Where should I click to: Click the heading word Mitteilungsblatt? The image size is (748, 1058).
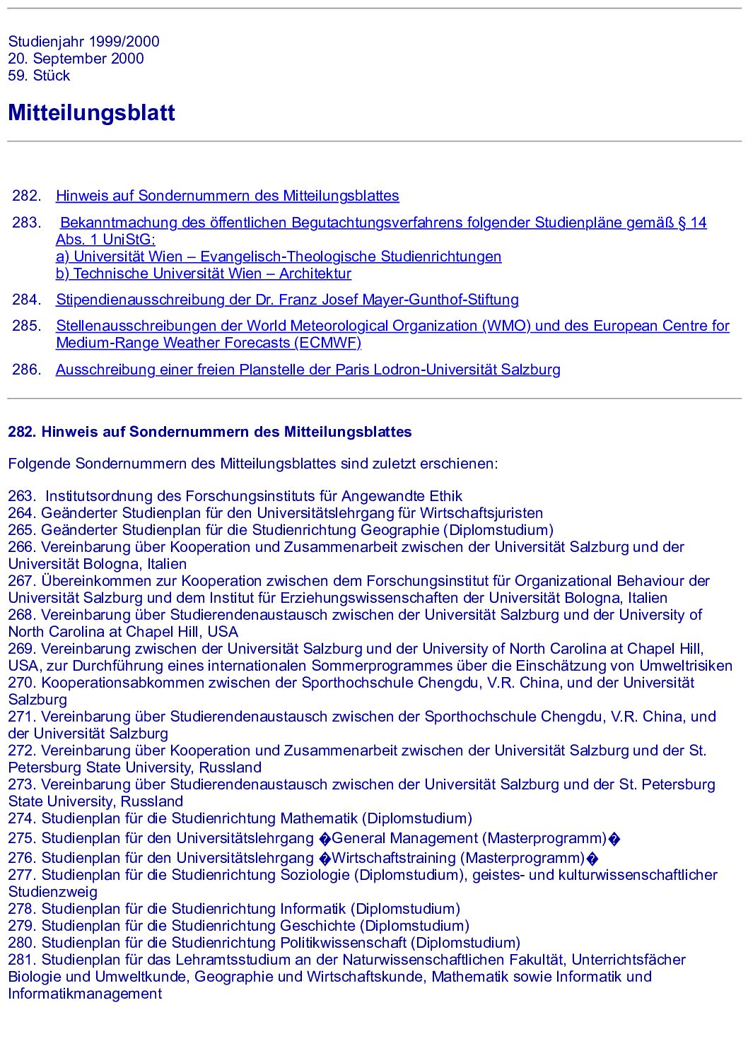[x=91, y=113]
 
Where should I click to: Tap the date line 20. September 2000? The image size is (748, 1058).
[x=76, y=59]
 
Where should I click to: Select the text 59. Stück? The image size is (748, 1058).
[x=39, y=76]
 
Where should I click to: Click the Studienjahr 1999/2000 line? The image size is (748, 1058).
[x=83, y=42]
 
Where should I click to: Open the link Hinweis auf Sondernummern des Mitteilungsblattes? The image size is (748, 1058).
[x=227, y=196]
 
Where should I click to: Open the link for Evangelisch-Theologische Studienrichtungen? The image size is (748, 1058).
[x=279, y=257]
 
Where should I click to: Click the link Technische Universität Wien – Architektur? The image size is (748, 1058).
[x=204, y=274]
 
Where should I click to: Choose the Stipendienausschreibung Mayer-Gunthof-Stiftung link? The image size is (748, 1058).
[x=287, y=300]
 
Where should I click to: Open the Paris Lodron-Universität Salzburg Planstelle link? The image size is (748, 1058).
[x=308, y=370]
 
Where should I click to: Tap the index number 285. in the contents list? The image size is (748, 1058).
[x=27, y=326]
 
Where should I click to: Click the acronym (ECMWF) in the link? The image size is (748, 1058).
[x=329, y=343]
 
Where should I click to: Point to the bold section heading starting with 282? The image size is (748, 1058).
[x=209, y=432]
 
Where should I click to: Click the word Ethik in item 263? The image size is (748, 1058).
[x=445, y=496]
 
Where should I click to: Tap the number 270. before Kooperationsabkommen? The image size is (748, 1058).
[x=22, y=683]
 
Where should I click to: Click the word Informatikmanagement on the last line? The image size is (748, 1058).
[x=85, y=994]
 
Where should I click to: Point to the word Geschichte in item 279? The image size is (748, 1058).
[x=317, y=926]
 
